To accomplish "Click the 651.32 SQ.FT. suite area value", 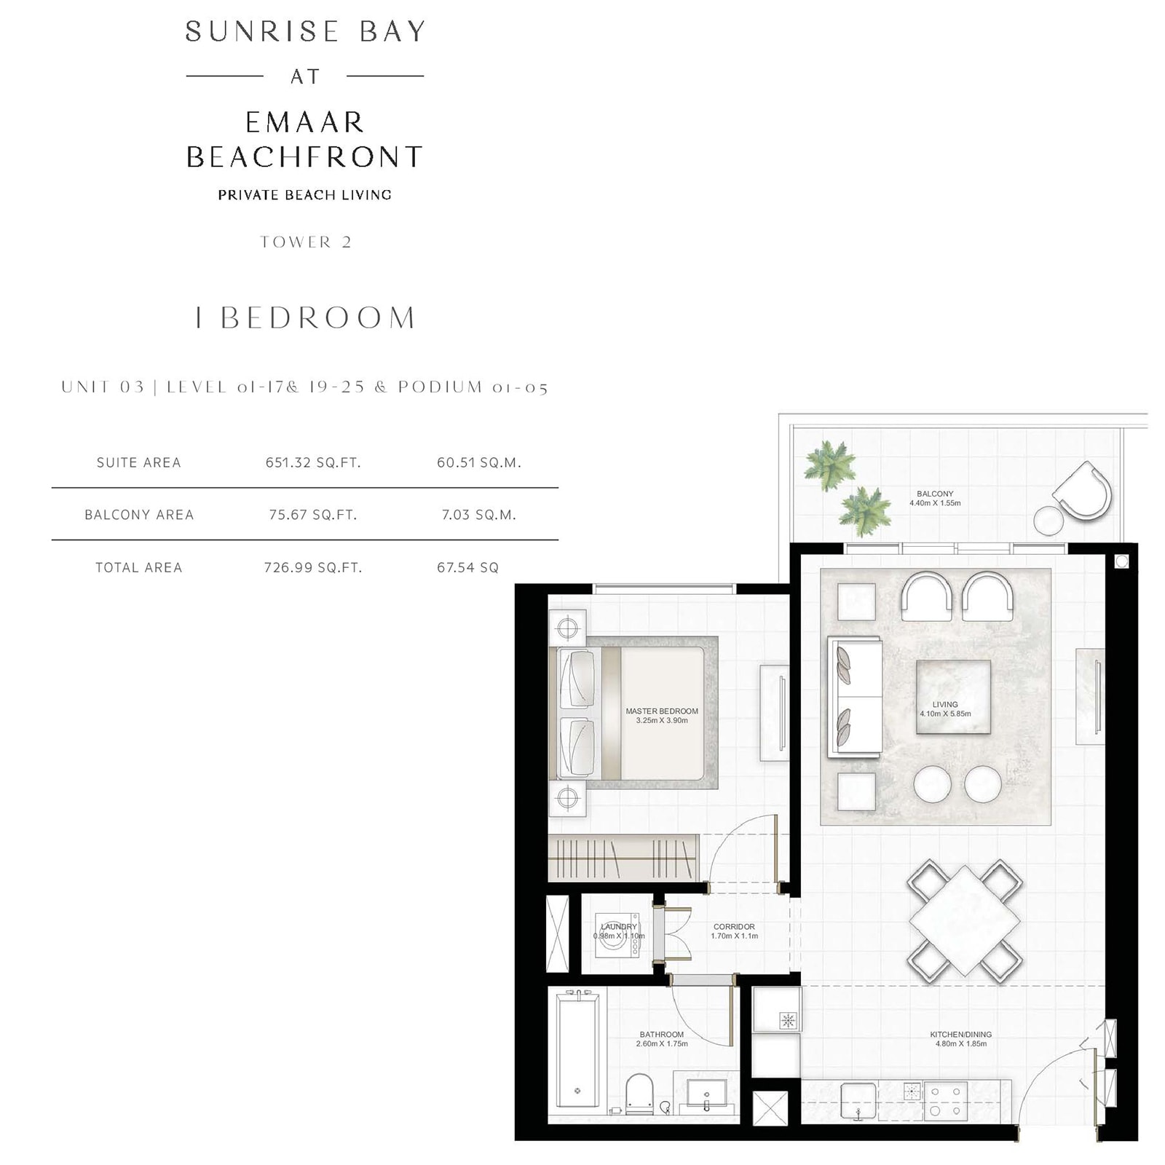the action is tap(313, 462).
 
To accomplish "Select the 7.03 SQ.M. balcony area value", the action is tap(479, 515).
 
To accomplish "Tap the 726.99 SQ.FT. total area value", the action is tap(313, 567).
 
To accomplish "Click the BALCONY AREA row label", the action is tap(139, 515).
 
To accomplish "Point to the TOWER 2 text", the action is tap(306, 242).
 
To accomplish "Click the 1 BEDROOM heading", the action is tap(305, 317).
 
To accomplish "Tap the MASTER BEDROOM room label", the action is tap(662, 711).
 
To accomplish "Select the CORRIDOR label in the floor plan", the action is tap(734, 927).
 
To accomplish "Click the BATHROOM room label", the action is tap(662, 1035).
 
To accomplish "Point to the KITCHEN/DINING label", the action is tap(961, 1035).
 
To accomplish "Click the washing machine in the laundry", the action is tap(617, 936).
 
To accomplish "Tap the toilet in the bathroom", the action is tap(639, 1094).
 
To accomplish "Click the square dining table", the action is tap(964, 921).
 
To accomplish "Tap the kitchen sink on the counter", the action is tap(858, 1100).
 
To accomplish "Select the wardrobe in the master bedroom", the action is tap(623, 858).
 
